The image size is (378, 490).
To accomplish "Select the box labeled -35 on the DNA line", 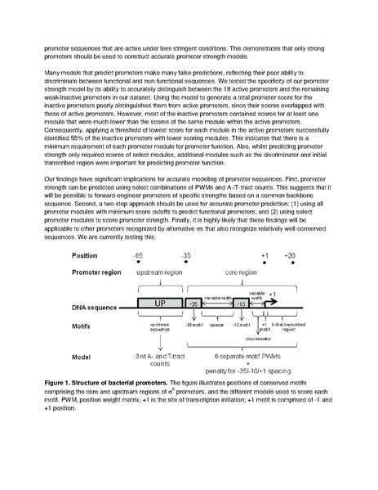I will [x=193, y=303].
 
